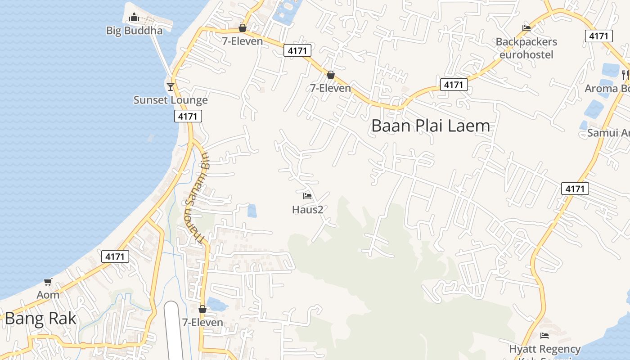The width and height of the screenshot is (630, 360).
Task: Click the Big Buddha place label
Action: click(x=134, y=31)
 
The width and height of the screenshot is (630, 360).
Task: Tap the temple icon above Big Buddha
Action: click(x=134, y=18)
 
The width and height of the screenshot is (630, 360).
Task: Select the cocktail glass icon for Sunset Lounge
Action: click(x=170, y=86)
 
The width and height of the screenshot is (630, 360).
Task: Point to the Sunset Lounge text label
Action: click(x=171, y=100)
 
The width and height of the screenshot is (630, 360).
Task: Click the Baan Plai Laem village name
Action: click(x=430, y=126)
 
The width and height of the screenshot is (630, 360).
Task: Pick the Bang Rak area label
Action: click(x=40, y=319)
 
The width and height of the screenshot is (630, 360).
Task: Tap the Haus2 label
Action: click(x=308, y=209)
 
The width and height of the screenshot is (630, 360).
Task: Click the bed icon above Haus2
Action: click(x=307, y=196)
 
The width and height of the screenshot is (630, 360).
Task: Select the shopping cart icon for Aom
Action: click(x=48, y=282)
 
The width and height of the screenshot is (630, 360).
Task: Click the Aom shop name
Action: click(x=48, y=295)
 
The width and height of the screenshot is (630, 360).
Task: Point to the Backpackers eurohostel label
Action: click(x=526, y=48)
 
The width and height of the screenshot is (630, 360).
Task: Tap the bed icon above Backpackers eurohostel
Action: click(x=526, y=28)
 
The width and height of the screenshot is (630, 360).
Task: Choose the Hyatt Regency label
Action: click(x=544, y=349)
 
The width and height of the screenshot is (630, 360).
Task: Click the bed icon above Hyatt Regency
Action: click(x=544, y=336)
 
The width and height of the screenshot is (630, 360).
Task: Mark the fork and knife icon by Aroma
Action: click(x=625, y=75)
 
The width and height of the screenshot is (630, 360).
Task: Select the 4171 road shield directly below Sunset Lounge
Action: click(x=188, y=117)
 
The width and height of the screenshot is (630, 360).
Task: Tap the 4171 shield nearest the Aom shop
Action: click(x=115, y=256)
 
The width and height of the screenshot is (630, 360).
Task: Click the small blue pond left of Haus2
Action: click(x=252, y=211)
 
